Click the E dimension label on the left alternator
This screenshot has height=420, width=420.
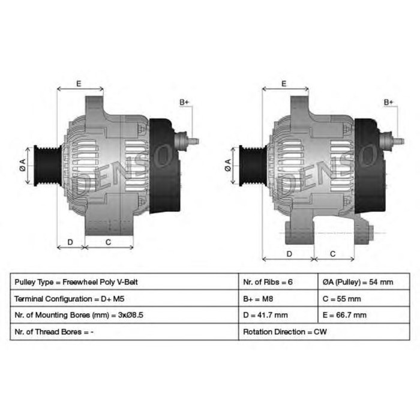79,84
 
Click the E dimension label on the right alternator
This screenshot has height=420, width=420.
284,84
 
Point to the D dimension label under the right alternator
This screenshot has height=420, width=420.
289,254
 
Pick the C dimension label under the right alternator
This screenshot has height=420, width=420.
334,254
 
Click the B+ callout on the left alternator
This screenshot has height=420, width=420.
184,103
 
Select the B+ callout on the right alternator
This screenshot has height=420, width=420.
389,103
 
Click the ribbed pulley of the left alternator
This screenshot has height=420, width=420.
45,167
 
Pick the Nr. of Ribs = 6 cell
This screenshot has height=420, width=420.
268,281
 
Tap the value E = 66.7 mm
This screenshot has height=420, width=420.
344,314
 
